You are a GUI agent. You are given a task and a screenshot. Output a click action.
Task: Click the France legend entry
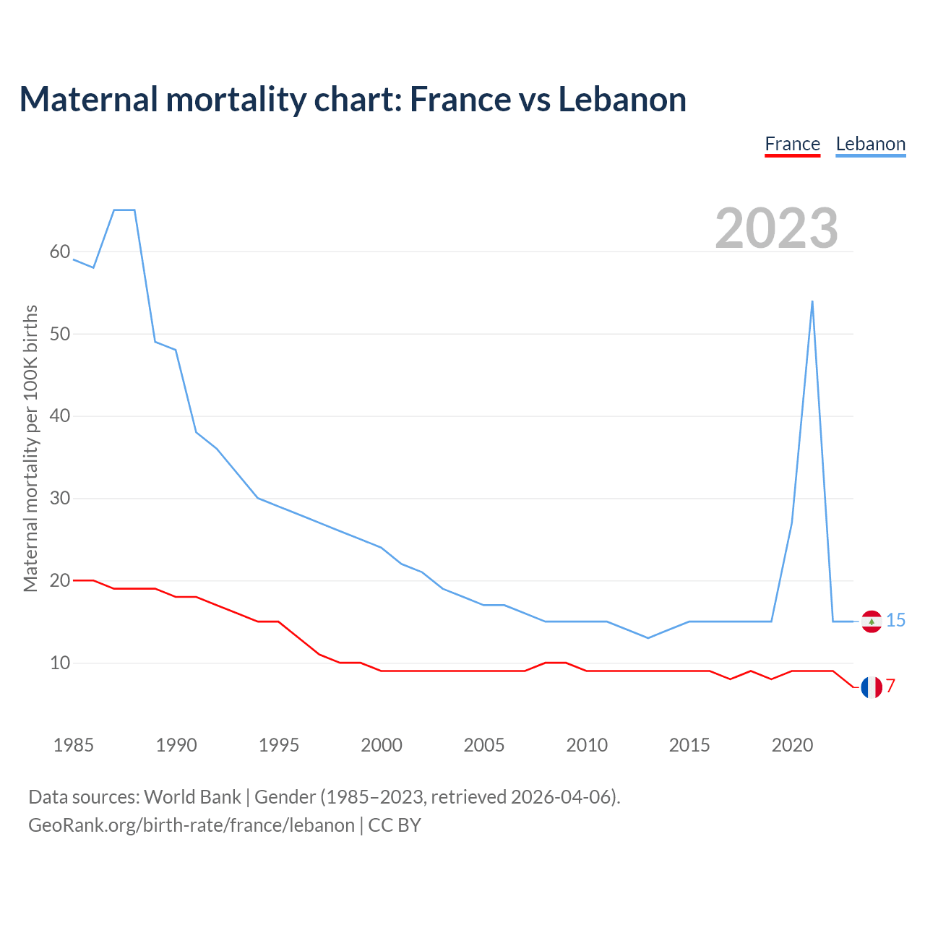(x=792, y=144)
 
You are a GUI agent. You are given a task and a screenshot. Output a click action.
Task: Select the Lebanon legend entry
(x=870, y=144)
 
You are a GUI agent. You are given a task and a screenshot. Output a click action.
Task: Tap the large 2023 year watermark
(x=776, y=228)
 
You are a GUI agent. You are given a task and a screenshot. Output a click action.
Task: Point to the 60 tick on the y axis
(x=60, y=252)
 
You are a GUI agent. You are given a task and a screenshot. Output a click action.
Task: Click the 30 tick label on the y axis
(x=60, y=499)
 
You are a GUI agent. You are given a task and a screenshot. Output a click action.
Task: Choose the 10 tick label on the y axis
(x=60, y=663)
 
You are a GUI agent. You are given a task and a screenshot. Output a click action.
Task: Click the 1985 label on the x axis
(x=74, y=745)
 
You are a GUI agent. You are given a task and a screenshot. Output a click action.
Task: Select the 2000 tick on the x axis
(x=382, y=745)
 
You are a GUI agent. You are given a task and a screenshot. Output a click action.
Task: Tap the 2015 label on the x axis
(x=689, y=745)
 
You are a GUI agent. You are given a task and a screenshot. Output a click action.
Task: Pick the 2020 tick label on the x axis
(x=792, y=745)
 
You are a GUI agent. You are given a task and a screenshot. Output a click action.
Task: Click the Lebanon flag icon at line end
(x=872, y=621)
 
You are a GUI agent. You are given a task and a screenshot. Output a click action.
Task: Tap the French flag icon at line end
(x=872, y=687)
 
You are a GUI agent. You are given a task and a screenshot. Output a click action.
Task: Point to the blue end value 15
(x=895, y=621)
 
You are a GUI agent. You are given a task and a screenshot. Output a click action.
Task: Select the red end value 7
(x=891, y=686)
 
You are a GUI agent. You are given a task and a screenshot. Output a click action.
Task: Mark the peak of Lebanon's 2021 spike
(x=812, y=301)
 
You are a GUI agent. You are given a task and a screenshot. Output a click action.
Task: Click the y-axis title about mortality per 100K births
(x=30, y=448)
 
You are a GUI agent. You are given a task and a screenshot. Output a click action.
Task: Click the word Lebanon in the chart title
(x=622, y=99)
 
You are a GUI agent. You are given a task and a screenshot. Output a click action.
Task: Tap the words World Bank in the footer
(x=192, y=797)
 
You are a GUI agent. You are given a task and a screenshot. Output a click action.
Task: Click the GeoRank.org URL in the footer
(x=192, y=825)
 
